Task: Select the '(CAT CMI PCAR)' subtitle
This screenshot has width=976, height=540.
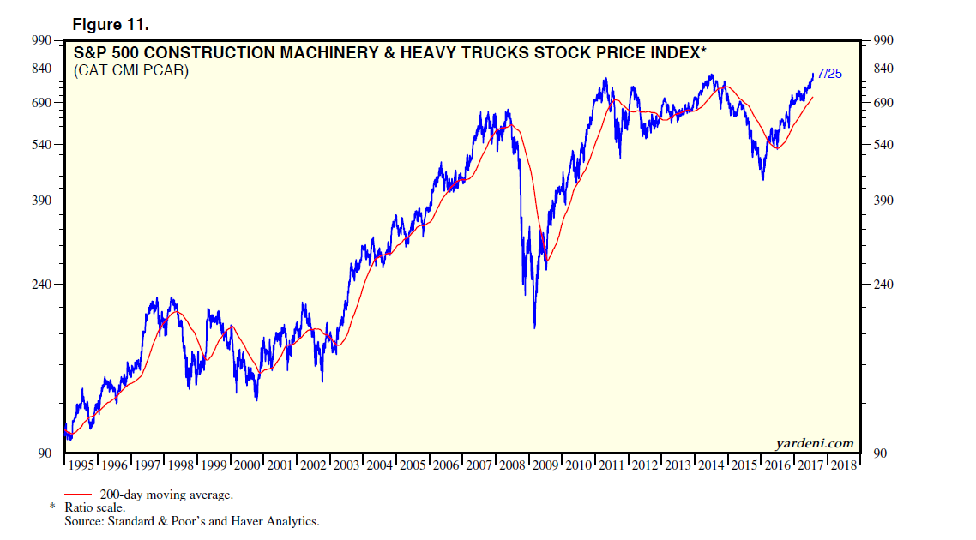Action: pos(131,70)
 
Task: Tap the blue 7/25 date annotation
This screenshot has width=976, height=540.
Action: pos(829,74)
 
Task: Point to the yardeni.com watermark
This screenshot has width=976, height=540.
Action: pos(815,443)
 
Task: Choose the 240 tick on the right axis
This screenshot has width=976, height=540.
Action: pos(883,284)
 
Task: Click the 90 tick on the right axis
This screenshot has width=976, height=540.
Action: pos(880,453)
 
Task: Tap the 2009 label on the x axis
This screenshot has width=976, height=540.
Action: pos(545,465)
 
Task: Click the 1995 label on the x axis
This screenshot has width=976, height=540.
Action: pos(82,465)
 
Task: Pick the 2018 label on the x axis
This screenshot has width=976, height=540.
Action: pos(843,465)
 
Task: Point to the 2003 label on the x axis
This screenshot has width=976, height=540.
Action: pos(346,465)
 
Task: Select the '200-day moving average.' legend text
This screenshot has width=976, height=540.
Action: pos(166,495)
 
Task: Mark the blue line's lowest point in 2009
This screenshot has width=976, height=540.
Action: pos(534,327)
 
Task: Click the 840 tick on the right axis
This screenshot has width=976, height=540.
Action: pos(883,69)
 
